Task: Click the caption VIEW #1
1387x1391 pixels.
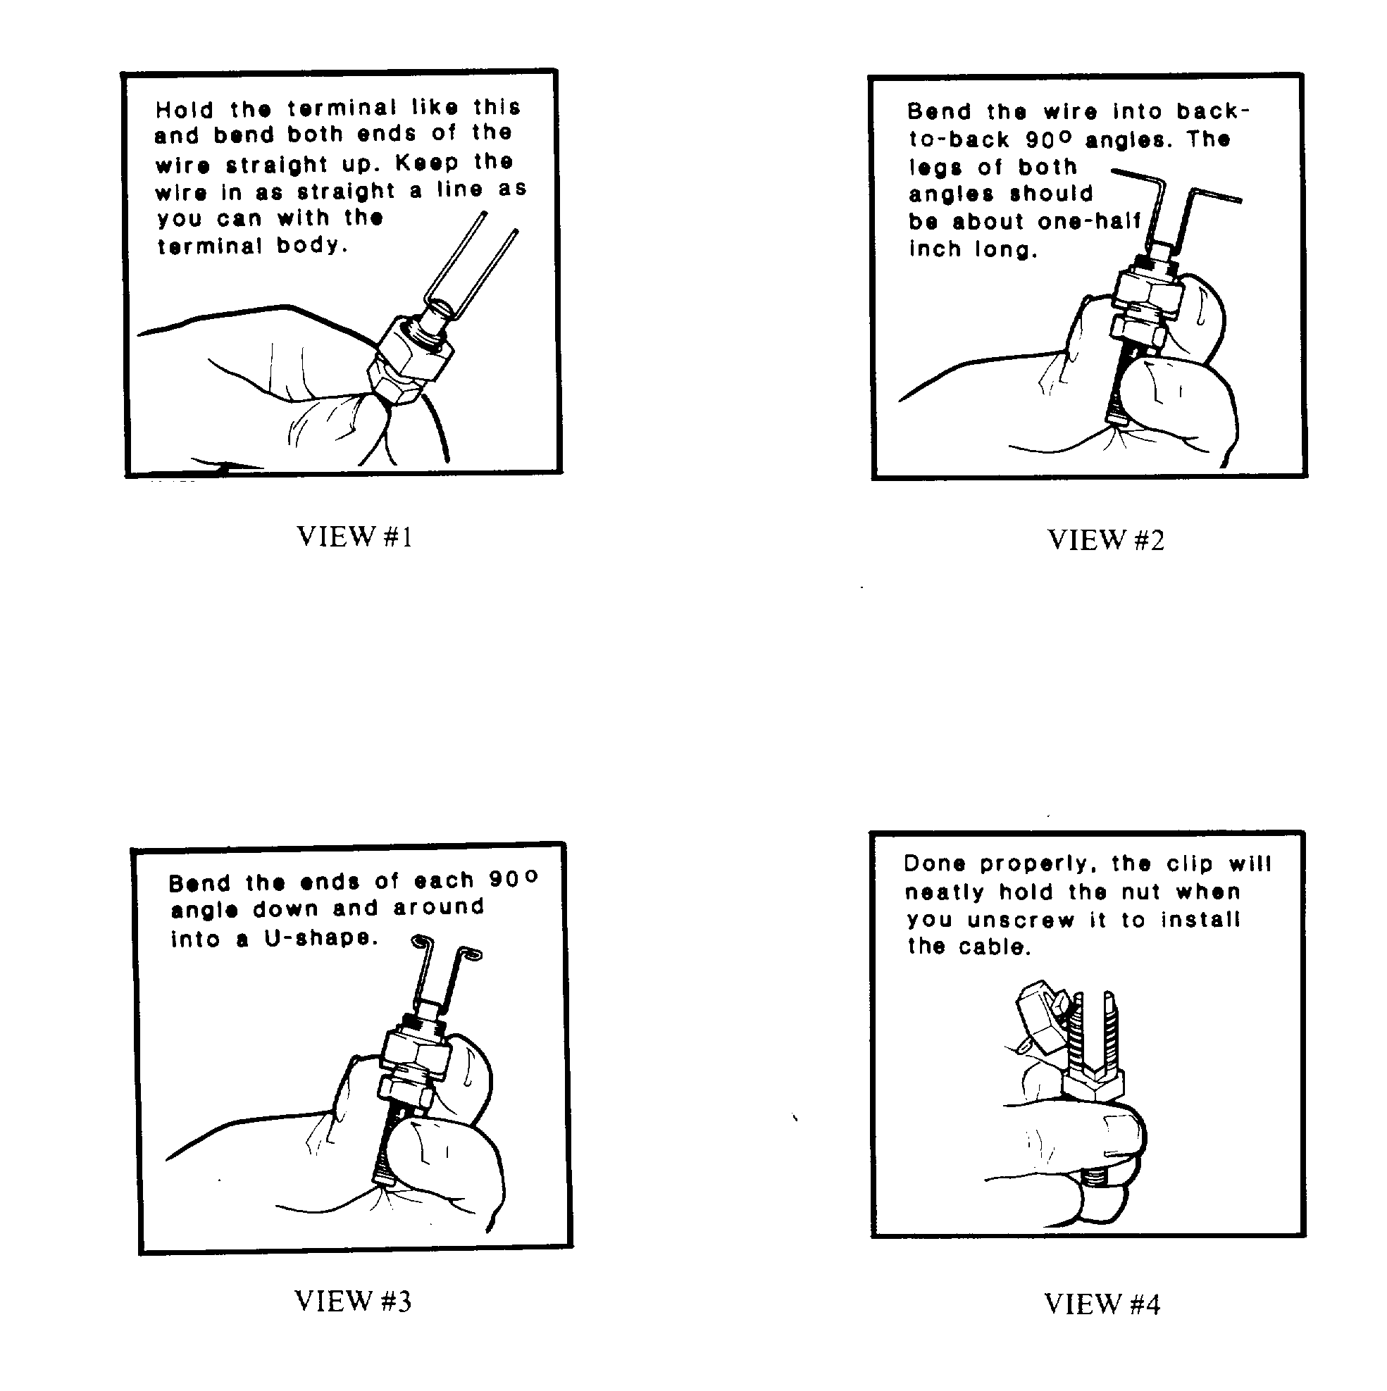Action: [354, 537]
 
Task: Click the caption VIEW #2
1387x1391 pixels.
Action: [1105, 539]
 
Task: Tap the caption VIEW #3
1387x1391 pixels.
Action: [353, 1300]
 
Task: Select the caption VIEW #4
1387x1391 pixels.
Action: [1102, 1303]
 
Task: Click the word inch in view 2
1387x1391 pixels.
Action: [935, 249]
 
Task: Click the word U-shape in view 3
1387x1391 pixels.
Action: [321, 938]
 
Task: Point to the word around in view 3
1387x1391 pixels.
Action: [439, 907]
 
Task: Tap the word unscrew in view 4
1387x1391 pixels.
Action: [1021, 920]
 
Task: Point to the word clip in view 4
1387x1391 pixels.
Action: [1190, 864]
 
